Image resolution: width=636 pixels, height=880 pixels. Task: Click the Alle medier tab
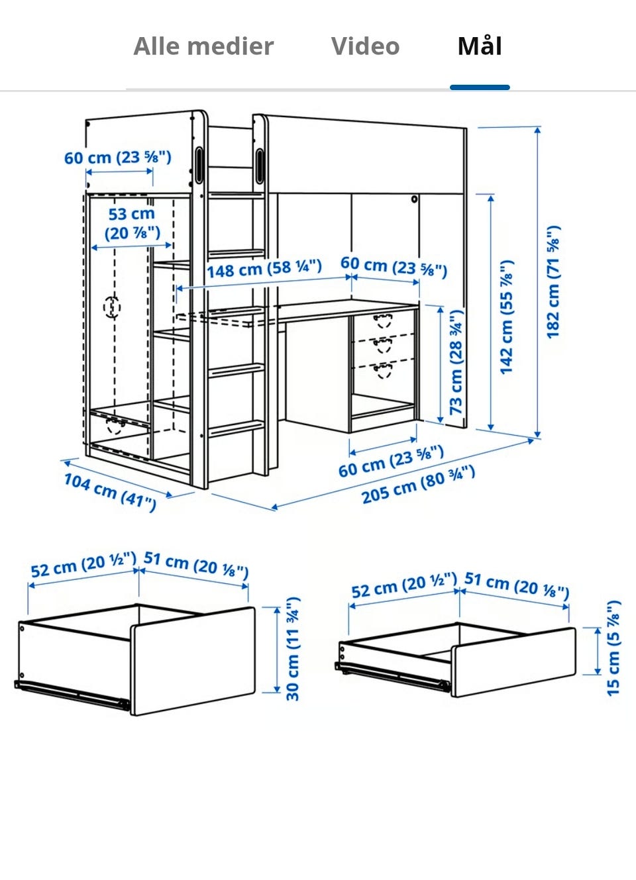203,46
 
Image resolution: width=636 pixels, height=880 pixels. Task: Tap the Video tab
365,46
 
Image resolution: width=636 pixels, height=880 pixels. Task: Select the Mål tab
480,46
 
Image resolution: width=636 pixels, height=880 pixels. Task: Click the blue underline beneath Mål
480,87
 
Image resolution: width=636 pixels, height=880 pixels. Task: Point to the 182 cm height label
553,281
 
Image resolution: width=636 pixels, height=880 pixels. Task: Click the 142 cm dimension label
506,317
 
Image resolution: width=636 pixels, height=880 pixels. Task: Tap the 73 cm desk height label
456,362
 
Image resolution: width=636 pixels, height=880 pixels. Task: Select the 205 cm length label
418,485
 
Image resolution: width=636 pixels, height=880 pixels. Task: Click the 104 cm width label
110,492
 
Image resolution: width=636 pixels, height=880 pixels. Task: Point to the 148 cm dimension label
264,269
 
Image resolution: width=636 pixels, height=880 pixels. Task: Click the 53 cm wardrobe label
132,224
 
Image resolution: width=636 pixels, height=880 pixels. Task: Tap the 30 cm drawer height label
293,650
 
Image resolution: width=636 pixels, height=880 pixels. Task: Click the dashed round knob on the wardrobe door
112,307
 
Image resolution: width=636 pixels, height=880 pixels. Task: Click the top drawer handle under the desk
383,320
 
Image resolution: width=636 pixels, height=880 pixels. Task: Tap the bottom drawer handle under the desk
383,370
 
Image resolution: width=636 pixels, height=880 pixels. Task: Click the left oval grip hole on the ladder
199,165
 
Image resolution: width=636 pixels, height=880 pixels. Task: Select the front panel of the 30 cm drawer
193,661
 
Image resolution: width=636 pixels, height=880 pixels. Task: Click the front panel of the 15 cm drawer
513,663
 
